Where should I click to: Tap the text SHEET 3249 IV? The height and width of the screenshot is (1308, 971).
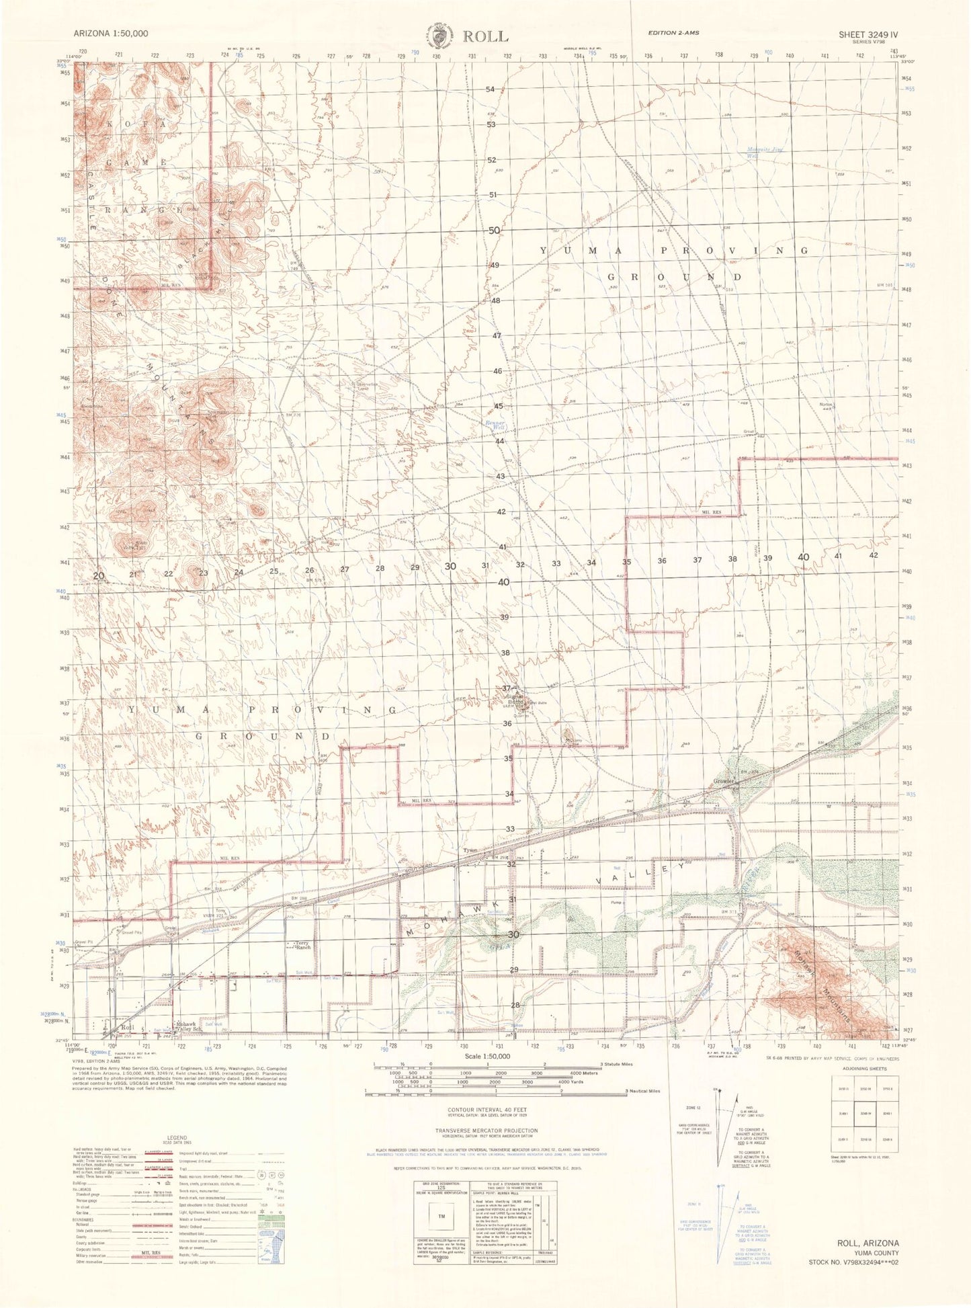coord(868,34)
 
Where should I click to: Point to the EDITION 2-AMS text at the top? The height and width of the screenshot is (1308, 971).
coord(673,33)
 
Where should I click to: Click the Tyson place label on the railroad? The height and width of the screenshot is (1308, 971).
coord(470,851)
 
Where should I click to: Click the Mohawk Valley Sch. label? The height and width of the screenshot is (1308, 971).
coord(188,1028)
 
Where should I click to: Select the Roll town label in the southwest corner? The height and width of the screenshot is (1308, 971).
coord(127,1028)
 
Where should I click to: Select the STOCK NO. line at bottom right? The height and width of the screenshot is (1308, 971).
coord(853,1264)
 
